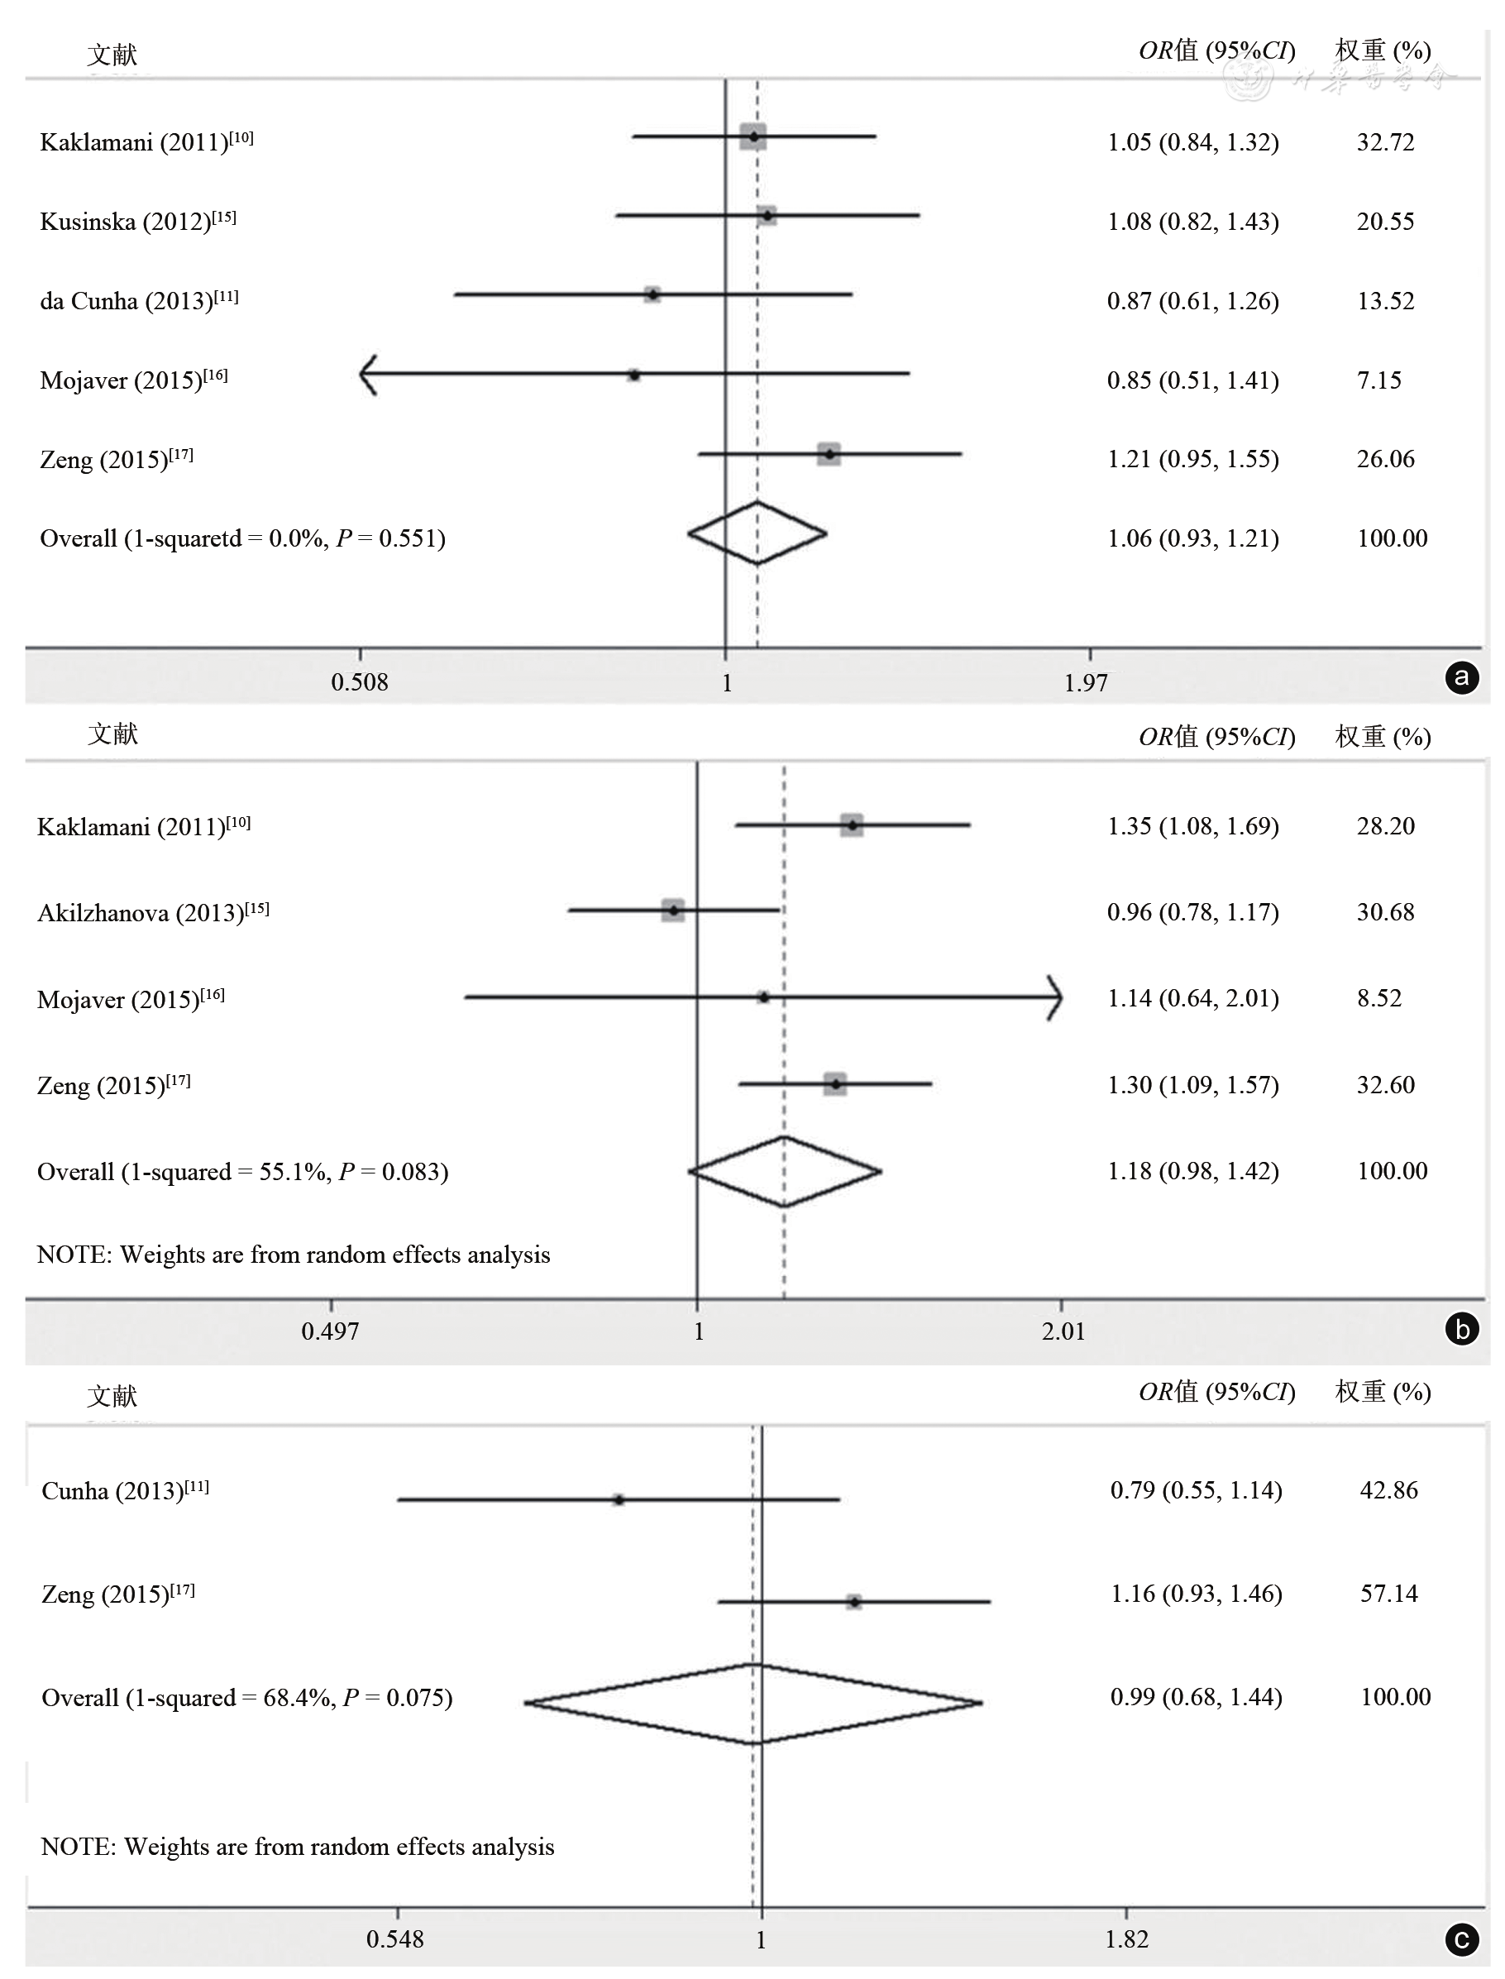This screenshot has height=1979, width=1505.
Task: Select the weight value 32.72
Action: (x=1385, y=142)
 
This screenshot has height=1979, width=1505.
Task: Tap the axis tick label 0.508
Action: (x=359, y=682)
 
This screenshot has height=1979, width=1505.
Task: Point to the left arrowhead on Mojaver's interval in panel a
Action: (x=366, y=375)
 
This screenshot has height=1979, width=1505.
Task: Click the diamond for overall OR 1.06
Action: (x=757, y=534)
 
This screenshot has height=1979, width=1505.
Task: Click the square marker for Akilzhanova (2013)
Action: (x=673, y=911)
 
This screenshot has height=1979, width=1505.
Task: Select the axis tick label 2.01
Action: (x=1063, y=1331)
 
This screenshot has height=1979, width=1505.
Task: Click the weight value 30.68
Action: (x=1385, y=912)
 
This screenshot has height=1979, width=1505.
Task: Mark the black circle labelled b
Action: (x=1462, y=1329)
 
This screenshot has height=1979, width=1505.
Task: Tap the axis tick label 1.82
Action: (x=1126, y=1939)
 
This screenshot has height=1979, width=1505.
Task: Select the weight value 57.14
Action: (x=1388, y=1594)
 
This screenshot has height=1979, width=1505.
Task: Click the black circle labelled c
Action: (x=1462, y=1940)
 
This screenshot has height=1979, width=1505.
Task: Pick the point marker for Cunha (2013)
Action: (x=619, y=1499)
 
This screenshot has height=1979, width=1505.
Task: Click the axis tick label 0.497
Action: (x=330, y=1331)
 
